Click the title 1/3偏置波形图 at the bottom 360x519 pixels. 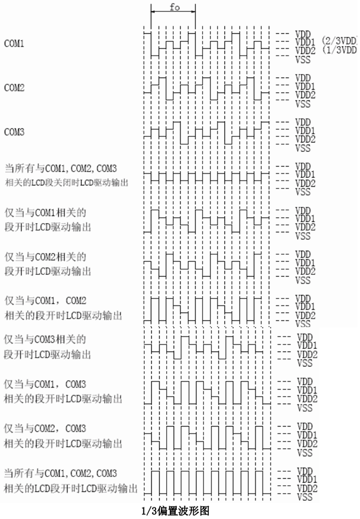[x=176, y=512]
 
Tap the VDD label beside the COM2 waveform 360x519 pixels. [x=302, y=78]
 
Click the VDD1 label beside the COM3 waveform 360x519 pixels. [x=304, y=130]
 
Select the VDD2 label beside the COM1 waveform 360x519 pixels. [x=304, y=49]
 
